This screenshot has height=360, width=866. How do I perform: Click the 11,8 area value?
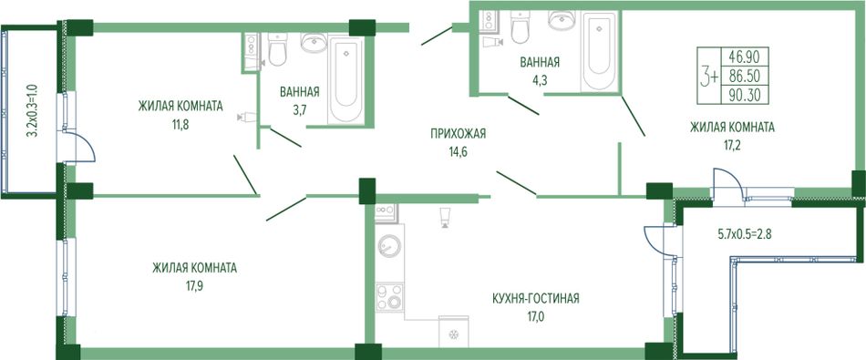click(180, 124)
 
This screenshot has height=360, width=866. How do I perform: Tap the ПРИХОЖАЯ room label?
click(459, 133)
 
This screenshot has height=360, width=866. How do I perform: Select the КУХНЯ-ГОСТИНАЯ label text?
click(536, 299)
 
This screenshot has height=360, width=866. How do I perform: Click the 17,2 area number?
click(732, 145)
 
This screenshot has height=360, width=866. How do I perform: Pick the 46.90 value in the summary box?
click(745, 57)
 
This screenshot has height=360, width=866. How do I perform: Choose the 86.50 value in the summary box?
click(745, 77)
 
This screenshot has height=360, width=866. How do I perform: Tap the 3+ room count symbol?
click(709, 77)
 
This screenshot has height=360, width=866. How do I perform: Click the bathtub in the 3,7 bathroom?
click(345, 79)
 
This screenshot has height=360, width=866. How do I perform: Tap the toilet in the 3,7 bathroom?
click(277, 49)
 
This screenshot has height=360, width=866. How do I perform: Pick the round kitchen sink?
click(389, 245)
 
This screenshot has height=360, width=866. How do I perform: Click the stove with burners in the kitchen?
click(389, 297)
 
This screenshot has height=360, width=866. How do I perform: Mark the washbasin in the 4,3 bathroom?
click(562, 20)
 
